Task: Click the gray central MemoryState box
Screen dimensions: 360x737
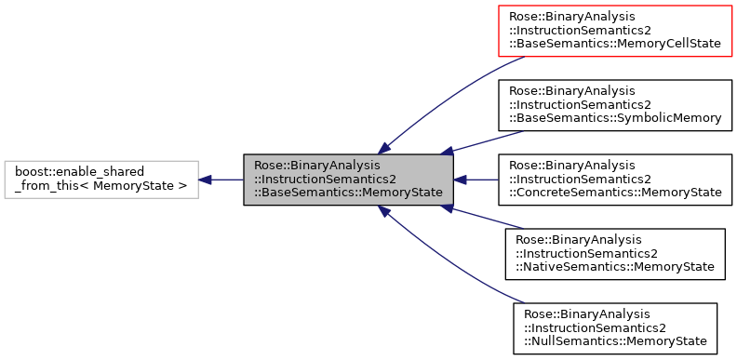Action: coord(348,180)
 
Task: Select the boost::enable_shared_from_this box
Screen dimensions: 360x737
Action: coord(101,180)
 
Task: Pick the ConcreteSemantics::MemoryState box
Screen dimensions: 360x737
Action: coord(615,180)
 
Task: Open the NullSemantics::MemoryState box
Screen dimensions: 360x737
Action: coord(615,328)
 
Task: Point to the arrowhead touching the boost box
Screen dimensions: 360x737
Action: coord(206,180)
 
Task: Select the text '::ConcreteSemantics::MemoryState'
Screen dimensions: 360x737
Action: coord(615,193)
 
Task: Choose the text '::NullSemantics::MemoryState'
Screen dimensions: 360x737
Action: coord(615,341)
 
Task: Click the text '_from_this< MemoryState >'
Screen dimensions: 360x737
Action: coord(101,186)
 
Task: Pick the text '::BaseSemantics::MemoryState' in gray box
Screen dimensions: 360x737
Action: coord(348,193)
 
